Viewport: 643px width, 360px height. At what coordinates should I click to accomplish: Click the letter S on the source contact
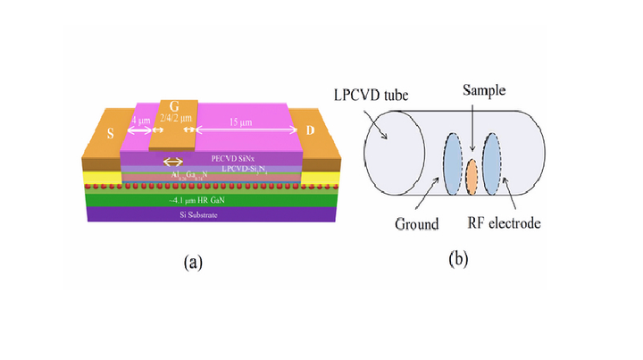(111, 133)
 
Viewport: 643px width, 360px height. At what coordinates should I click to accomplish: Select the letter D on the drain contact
(311, 130)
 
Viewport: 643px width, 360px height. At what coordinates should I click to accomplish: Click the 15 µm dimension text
(243, 121)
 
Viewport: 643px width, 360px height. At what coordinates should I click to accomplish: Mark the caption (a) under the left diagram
(193, 262)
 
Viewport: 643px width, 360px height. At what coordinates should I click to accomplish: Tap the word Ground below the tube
(412, 223)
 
